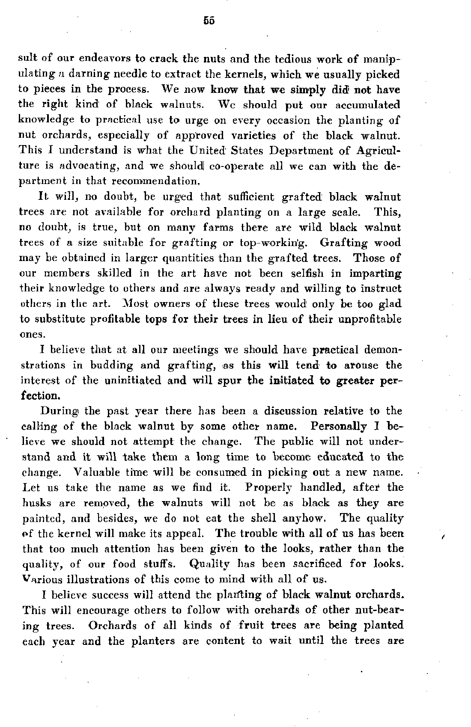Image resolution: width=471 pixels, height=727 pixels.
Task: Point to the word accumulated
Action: coord(364,105)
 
